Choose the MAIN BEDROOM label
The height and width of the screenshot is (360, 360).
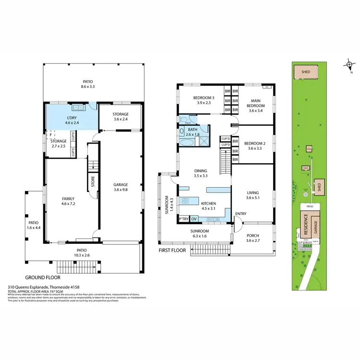(x=256, y=103)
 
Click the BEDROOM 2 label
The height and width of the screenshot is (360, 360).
(x=255, y=144)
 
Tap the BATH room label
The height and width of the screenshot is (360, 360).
(x=192, y=130)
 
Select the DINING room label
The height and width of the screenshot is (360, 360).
(x=201, y=170)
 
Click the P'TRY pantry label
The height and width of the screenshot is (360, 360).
(x=183, y=219)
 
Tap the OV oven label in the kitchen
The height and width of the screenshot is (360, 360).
(x=194, y=219)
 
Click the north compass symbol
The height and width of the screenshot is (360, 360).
(x=350, y=65)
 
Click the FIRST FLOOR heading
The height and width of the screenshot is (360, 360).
(x=172, y=251)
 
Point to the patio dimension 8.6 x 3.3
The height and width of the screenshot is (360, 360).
(x=87, y=87)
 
